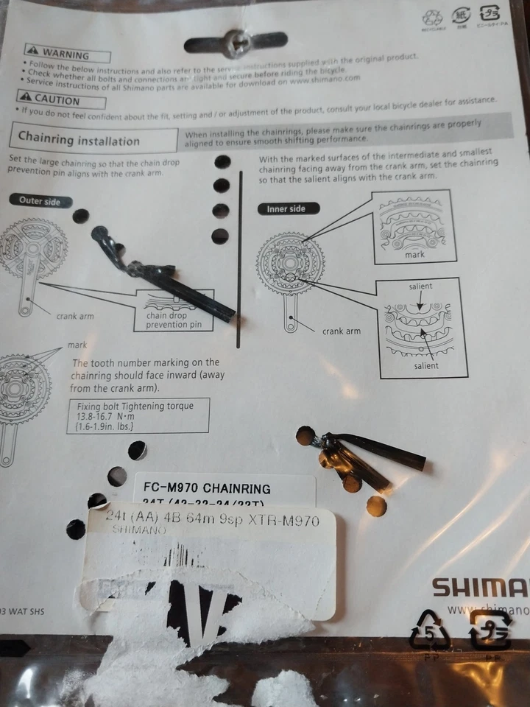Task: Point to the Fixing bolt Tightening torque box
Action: [x=143, y=415]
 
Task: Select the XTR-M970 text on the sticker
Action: [x=283, y=521]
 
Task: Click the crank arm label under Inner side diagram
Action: [x=342, y=331]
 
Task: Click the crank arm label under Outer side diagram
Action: [x=75, y=316]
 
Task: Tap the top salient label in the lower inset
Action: [x=420, y=286]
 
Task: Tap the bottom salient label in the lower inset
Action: [x=425, y=365]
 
